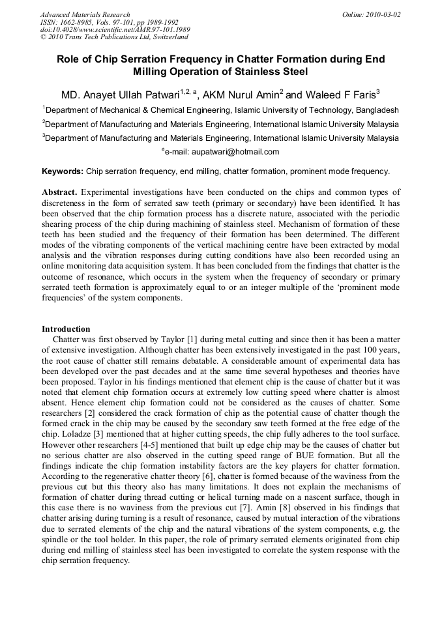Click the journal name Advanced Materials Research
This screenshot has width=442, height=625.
point(85,14)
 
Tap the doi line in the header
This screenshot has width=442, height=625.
point(115,30)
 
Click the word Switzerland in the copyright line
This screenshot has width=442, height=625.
point(168,38)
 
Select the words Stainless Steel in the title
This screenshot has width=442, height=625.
point(263,72)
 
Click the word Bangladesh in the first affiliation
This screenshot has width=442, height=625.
point(374,110)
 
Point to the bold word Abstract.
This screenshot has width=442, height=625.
point(59,192)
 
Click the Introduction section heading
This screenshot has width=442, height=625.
point(66,329)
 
